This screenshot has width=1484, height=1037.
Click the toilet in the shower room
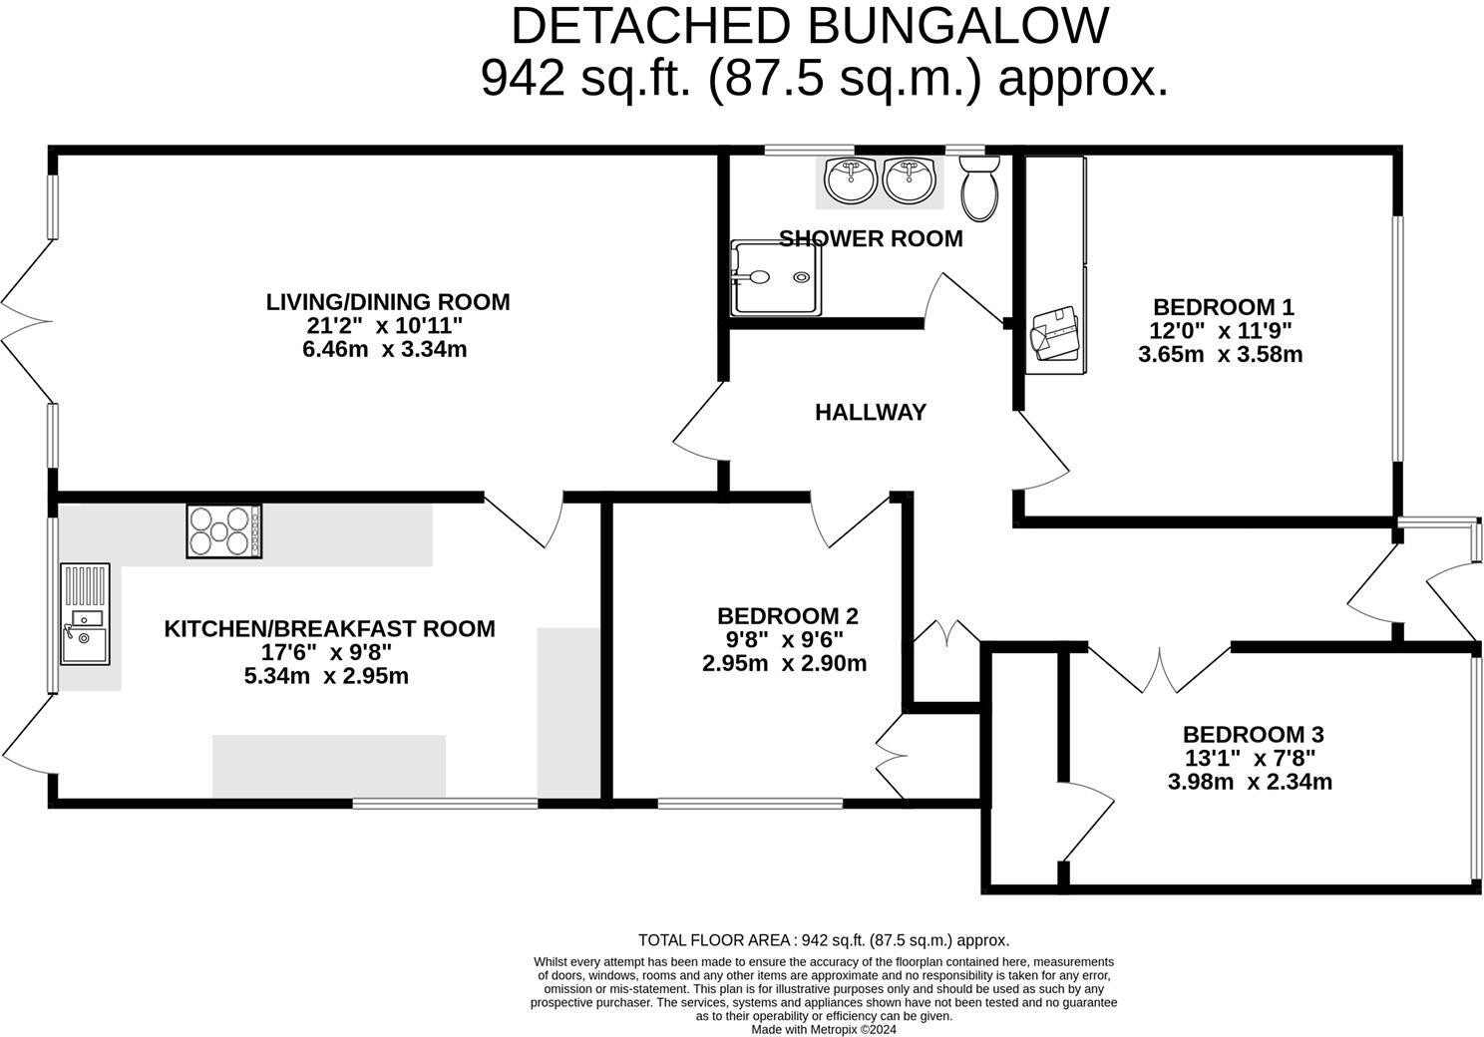979,188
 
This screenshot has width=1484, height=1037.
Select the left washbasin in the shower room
851,179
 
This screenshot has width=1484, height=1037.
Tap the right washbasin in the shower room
910,179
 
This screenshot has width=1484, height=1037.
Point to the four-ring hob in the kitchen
224,531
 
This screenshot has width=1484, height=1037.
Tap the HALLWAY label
871,412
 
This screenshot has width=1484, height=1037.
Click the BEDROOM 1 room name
1223,307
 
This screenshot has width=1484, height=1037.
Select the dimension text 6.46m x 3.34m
384,349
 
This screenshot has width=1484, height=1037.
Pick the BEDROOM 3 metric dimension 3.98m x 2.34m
1250,782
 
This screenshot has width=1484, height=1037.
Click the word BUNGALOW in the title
957,26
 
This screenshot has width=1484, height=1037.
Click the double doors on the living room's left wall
26,321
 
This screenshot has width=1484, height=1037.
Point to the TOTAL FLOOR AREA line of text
823,939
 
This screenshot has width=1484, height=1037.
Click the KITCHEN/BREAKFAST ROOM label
329,629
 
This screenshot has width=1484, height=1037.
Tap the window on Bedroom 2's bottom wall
750,802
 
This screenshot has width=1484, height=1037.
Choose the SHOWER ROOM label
871,239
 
